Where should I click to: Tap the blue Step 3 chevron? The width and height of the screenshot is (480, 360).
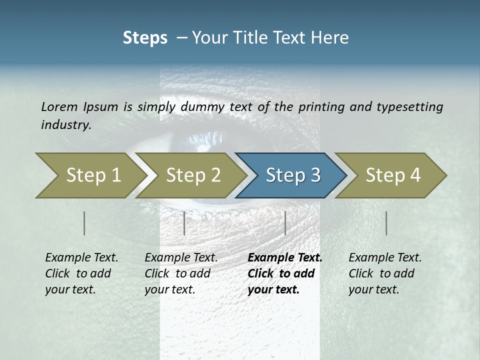coord(293,175)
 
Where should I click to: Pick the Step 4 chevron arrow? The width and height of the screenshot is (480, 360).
coord(393,175)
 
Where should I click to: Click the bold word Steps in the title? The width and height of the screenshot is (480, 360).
coord(145,38)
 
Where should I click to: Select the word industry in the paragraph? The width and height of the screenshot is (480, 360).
coord(65,124)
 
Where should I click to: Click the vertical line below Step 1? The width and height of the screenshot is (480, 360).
coord(84,223)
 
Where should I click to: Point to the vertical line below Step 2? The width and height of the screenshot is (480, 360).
coord(184,223)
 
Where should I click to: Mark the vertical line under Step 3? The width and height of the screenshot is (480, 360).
coord(285,223)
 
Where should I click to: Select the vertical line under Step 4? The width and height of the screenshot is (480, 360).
coord(386,223)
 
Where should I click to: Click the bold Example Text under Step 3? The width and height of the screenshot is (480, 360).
coord(285,258)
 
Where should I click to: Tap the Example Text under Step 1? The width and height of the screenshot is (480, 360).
coord(81,258)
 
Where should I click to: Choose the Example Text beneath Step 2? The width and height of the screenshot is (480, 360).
coord(181,258)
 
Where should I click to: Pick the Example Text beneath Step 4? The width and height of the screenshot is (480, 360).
coord(385,258)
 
